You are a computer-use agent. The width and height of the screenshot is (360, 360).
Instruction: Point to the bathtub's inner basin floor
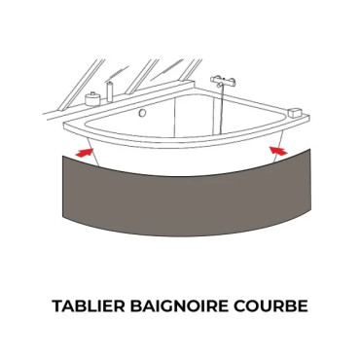point(185,131)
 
